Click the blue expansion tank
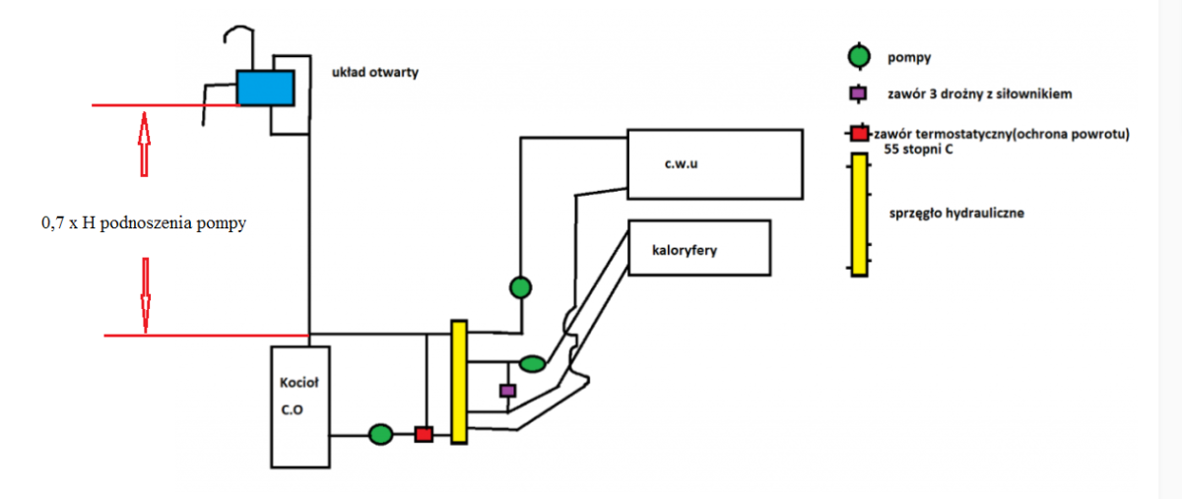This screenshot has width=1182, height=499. (x=265, y=88)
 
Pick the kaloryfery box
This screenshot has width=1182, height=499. (x=698, y=248)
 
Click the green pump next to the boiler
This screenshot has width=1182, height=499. (x=380, y=433)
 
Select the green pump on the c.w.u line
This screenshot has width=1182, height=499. (x=521, y=287)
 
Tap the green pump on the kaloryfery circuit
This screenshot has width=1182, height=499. (x=532, y=364)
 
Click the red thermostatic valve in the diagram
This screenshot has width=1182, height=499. (x=424, y=433)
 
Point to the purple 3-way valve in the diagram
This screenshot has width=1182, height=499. (x=507, y=391)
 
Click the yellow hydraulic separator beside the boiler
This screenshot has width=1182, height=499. (x=458, y=381)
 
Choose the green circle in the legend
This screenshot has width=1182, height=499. (x=859, y=56)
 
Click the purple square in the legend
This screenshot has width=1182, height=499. (x=859, y=94)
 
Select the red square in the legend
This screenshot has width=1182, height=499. (x=859, y=133)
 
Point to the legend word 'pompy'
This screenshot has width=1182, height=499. (x=910, y=57)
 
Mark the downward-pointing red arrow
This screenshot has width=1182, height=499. (x=145, y=294)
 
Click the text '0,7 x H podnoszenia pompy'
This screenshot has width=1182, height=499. (x=143, y=223)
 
